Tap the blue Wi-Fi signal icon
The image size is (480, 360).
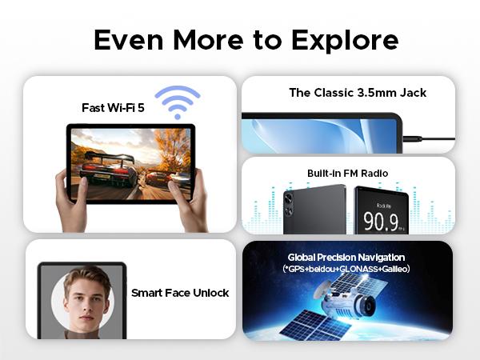(177, 102)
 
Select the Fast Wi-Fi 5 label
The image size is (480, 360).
(113, 106)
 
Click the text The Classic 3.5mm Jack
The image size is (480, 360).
(358, 93)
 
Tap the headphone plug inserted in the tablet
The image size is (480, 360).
(413, 138)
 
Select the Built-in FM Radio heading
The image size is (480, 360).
(347, 173)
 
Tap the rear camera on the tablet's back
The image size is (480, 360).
(288, 203)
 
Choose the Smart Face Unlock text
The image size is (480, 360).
(180, 293)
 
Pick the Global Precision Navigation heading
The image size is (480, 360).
(346, 257)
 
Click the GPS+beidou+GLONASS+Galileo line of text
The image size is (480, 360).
(346, 269)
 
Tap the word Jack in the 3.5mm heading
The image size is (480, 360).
(411, 93)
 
